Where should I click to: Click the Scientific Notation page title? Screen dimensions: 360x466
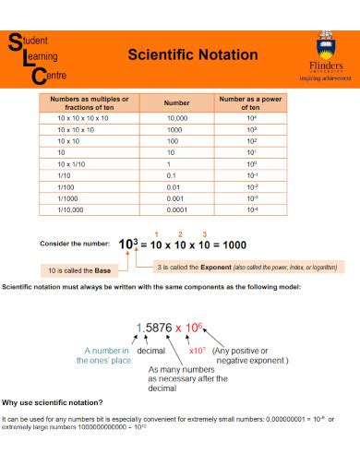[192, 54]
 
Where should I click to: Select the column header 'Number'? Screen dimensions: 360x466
[176, 102]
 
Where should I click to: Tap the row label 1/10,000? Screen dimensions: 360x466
[70, 209]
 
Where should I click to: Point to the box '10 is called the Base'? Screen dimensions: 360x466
[80, 270]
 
